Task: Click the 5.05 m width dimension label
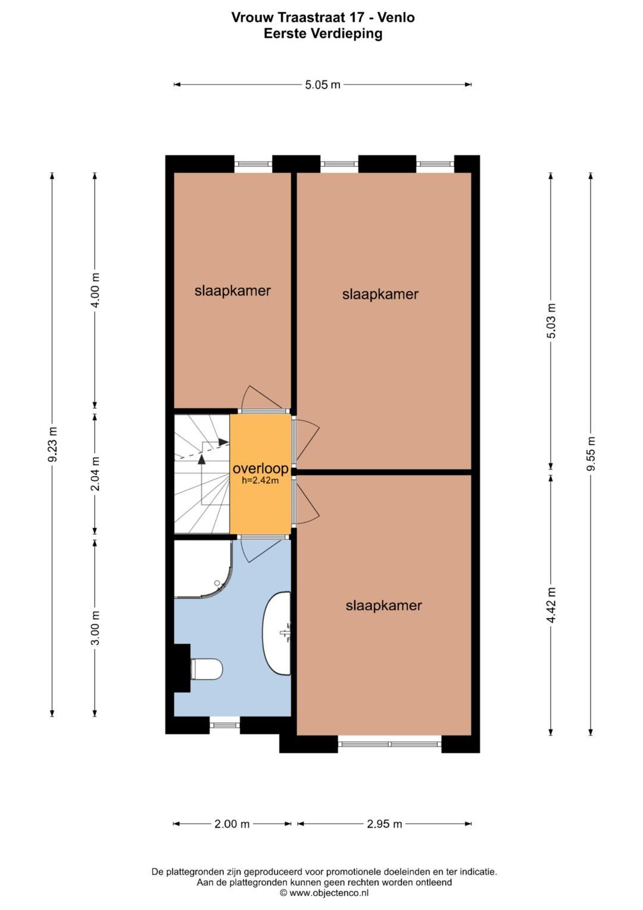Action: click(x=323, y=85)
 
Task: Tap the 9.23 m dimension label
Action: click(x=52, y=444)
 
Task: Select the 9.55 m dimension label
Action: click(x=591, y=454)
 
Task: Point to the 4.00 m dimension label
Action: click(x=95, y=290)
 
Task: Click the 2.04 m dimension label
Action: click(x=95, y=474)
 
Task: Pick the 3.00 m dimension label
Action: click(x=95, y=628)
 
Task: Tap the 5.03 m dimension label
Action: click(x=551, y=321)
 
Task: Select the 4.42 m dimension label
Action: click(x=551, y=605)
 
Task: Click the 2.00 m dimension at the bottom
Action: click(x=232, y=824)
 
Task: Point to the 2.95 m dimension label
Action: click(x=384, y=824)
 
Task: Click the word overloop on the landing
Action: click(x=260, y=468)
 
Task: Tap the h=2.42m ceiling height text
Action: click(x=260, y=480)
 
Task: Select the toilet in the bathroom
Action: click(x=205, y=669)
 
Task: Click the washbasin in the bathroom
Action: click(x=277, y=633)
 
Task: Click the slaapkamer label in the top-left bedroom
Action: click(x=232, y=291)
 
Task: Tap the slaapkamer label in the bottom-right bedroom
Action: click(x=383, y=605)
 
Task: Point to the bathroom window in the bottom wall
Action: click(x=224, y=725)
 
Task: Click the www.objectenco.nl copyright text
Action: click(x=324, y=893)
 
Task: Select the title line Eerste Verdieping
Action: click(x=323, y=33)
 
